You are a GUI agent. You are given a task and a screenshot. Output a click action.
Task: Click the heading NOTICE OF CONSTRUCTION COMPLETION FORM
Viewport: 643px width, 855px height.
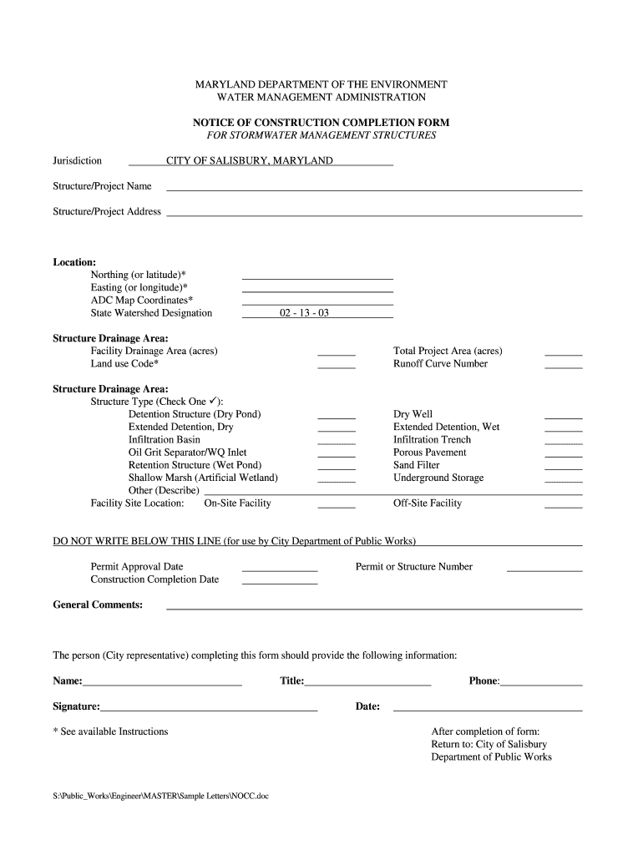[x=321, y=123]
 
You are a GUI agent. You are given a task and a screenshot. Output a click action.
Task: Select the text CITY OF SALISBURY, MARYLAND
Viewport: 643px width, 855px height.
[x=250, y=160]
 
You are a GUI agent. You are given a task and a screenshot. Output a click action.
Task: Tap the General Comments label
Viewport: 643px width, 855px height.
[x=98, y=605]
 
